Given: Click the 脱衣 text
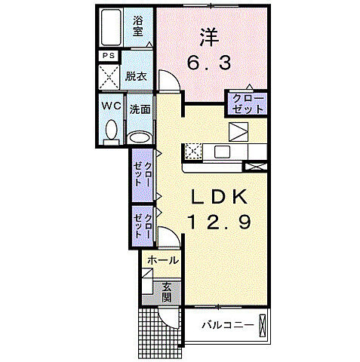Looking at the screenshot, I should tap(137, 76).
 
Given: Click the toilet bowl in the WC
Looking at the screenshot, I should tap(112, 130).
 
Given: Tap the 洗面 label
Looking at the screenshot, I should tap(139, 109).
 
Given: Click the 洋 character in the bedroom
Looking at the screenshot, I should tap(208, 35).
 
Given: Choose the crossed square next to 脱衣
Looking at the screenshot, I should tap(109, 77).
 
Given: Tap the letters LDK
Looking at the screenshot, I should tap(219, 197).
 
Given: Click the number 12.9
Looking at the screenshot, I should tap(219, 223).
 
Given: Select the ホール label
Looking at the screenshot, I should tap(163, 260).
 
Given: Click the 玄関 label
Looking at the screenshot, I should tap(166, 291).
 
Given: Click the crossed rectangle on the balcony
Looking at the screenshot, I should tap(262, 327).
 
